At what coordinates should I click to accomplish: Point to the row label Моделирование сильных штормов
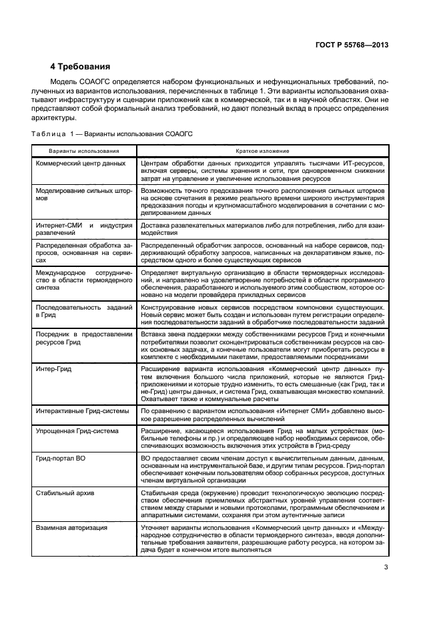click(83, 194)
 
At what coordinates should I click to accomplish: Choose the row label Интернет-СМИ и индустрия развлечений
click(83, 229)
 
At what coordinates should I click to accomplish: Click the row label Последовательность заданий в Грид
click(83, 312)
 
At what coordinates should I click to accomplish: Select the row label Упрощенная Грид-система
click(75, 430)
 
